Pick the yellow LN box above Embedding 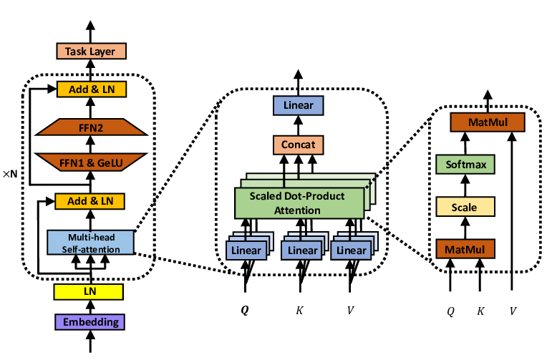tap(90, 291)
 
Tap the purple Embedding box tap(90, 321)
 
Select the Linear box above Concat tap(298, 107)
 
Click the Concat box tap(298, 145)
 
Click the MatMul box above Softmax tap(486, 122)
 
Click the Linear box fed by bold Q tap(246, 250)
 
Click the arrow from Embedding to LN tap(90, 306)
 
